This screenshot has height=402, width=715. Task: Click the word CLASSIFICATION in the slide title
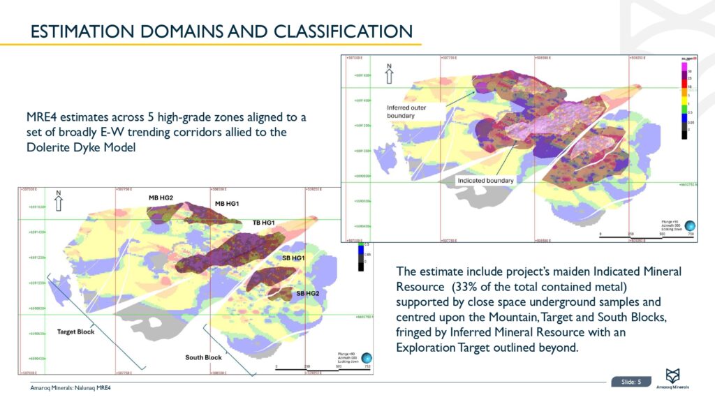[x=342, y=31]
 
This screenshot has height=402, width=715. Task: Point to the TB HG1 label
[x=263, y=223]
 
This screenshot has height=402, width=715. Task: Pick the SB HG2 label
[x=308, y=293]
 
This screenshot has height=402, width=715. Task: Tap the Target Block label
[x=75, y=332]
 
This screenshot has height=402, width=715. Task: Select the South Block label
[x=203, y=357]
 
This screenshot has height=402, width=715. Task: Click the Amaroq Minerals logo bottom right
[x=676, y=377]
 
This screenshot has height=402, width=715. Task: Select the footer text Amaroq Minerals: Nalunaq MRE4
[x=71, y=388]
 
